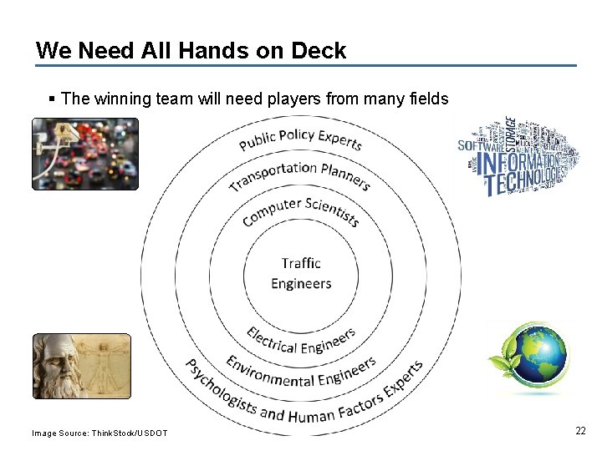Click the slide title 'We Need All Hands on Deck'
point(191,51)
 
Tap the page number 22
point(580,431)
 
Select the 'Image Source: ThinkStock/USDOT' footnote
point(99,433)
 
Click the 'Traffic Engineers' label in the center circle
point(301,274)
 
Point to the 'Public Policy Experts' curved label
point(300,139)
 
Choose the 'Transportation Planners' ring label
point(299,173)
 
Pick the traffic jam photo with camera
point(84,154)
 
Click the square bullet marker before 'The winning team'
point(53,99)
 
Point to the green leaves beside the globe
point(499,367)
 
